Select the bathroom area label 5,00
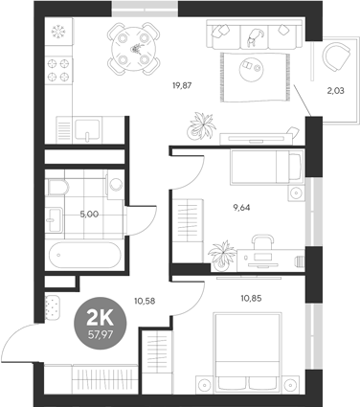point(87,215)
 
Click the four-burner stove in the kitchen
point(56,70)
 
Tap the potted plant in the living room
point(203,124)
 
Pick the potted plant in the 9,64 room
point(221,254)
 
